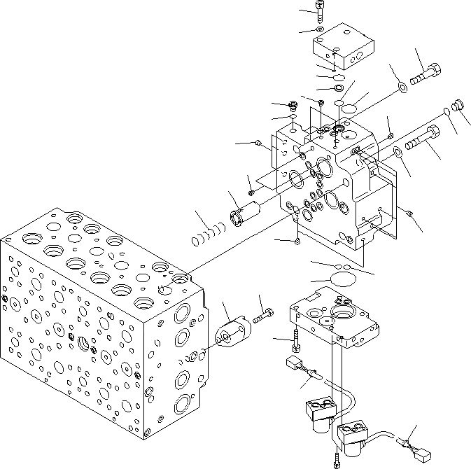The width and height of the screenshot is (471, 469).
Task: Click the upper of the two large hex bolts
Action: [424, 75]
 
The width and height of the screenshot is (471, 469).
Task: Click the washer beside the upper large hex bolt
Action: [403, 87]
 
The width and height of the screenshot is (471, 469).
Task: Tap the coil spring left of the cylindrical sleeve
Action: [207, 235]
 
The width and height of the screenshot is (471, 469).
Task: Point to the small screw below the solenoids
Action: [337, 460]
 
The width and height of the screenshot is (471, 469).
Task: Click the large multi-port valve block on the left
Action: [98, 329]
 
